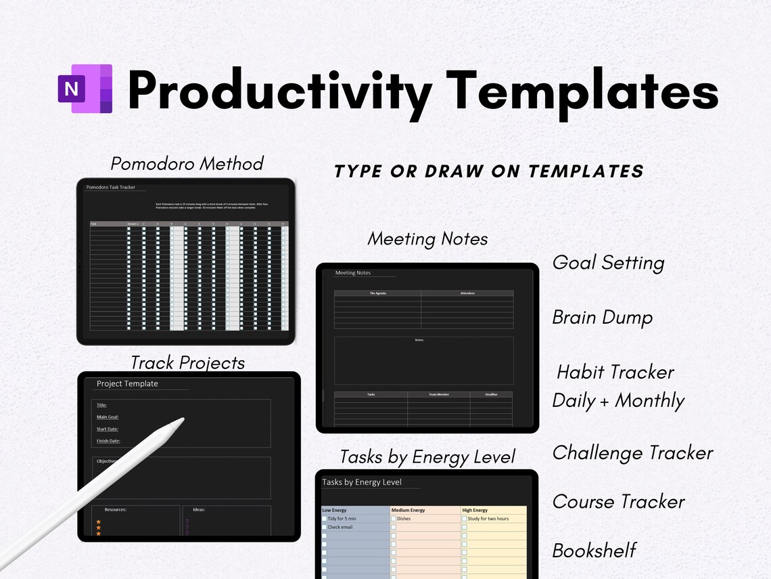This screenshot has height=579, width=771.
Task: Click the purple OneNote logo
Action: point(85,89)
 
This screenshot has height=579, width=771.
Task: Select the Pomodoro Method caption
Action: point(187,164)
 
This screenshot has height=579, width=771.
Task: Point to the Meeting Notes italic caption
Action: point(427,239)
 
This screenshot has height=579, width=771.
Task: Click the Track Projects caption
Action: point(187,363)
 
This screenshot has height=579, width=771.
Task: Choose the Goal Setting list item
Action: point(608,263)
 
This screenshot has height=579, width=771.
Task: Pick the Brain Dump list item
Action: point(602,318)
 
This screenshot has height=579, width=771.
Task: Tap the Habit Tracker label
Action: point(615,372)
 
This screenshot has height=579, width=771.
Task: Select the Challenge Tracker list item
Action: point(632,453)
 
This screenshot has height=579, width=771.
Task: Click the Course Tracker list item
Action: point(618,502)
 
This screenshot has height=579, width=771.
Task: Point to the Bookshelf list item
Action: point(594,551)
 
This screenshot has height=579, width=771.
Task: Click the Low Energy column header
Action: point(335,510)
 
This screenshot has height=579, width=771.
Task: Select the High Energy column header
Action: point(475,510)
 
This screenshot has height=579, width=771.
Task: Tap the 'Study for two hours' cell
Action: point(488,519)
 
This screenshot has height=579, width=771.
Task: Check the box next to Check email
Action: point(325,527)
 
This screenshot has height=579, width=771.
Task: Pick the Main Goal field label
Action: point(108,417)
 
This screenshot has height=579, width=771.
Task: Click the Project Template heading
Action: point(127,384)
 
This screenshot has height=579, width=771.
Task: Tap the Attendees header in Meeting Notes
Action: point(467,293)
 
